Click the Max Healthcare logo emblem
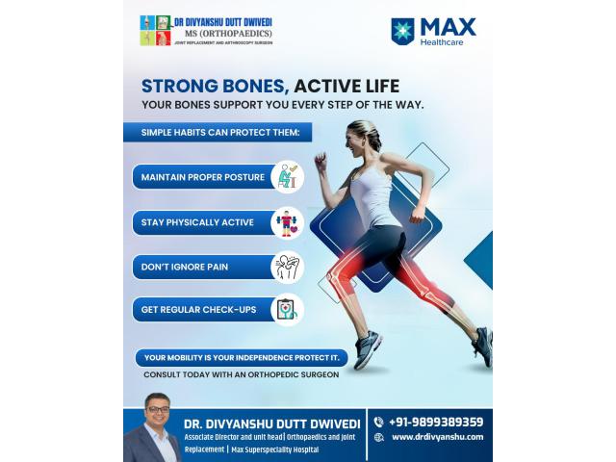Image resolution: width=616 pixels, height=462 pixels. click(402, 32)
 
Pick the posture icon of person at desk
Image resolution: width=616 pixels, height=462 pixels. click(286, 177)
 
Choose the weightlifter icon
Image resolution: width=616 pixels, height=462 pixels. click(286, 222)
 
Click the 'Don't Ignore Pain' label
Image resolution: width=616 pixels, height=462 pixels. click(184, 267)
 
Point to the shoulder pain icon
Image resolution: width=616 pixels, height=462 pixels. click(286, 267)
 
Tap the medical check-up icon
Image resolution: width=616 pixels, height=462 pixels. click(286, 309)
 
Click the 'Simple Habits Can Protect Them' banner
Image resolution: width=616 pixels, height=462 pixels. click(217, 132)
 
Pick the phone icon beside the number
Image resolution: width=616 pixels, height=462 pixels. click(378, 422)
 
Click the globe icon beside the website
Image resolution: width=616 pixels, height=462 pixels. click(378, 437)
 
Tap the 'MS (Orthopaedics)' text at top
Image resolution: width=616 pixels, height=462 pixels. click(222, 34)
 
